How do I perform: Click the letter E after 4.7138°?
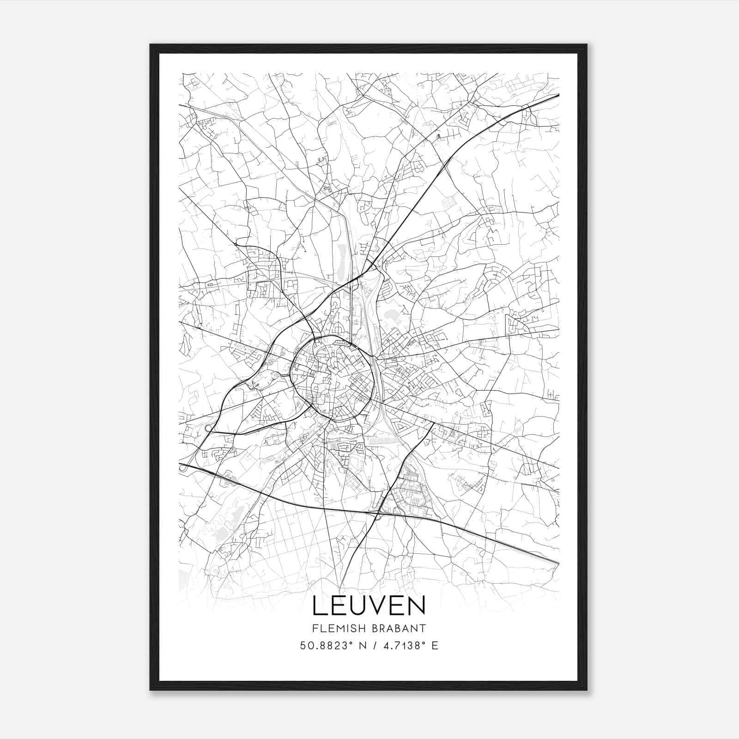pyautogui.click(x=435, y=646)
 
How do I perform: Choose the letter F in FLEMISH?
pyautogui.click(x=315, y=628)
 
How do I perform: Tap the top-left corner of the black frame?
pyautogui.click(x=151, y=45)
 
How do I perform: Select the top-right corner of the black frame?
pyautogui.click(x=587, y=45)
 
